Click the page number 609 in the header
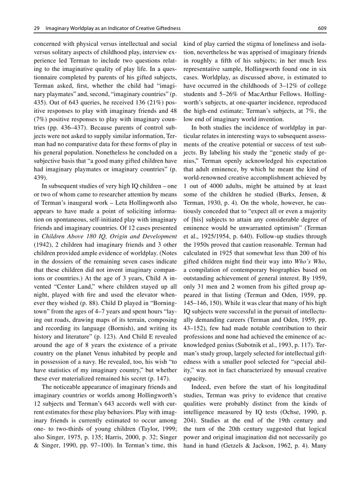[322, 29]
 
